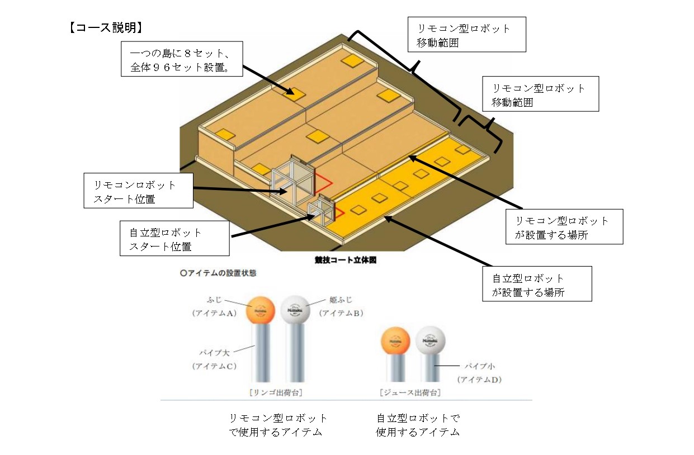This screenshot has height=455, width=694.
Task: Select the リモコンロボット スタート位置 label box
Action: point(138,191)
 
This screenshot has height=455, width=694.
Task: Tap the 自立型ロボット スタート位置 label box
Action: point(174,239)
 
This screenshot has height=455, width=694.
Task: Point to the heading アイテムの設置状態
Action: point(219,274)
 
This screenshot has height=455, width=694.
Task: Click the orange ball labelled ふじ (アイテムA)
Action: point(261,310)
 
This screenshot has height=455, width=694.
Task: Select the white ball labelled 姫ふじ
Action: point(296,310)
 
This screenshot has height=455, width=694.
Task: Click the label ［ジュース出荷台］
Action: point(409,392)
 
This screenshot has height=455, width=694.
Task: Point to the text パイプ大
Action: point(214,353)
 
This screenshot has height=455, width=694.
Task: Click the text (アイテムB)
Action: point(341,313)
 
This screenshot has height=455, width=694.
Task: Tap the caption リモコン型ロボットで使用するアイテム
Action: point(278,425)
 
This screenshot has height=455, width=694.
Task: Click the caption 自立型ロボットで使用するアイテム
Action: point(418,425)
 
